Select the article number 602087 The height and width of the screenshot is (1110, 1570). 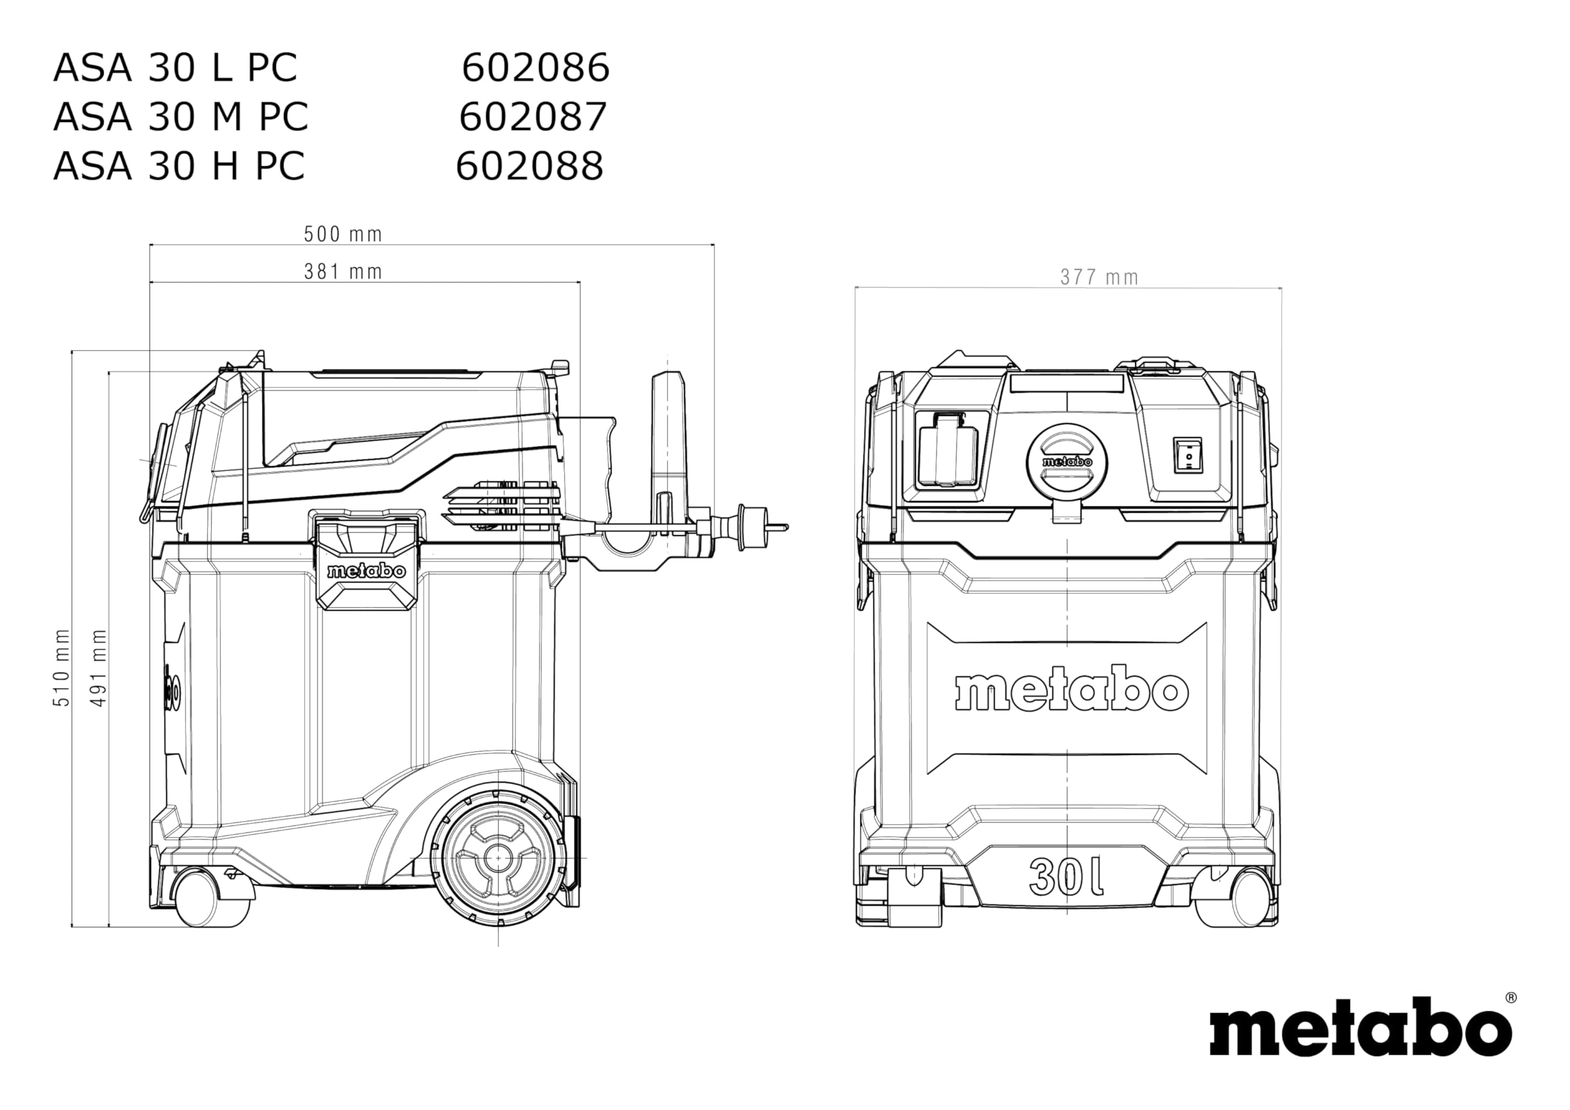(533, 117)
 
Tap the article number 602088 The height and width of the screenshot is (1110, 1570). (529, 166)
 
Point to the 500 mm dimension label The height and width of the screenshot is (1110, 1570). (343, 235)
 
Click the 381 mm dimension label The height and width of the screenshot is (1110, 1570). (343, 272)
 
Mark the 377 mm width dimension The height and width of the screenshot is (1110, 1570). (1099, 278)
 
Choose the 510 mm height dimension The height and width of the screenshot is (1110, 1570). (62, 667)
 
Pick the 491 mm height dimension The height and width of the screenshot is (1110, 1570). (100, 667)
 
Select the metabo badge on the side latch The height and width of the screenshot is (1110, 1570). (367, 571)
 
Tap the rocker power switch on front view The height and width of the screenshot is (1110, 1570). (1189, 455)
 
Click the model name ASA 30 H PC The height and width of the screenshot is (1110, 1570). (178, 166)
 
